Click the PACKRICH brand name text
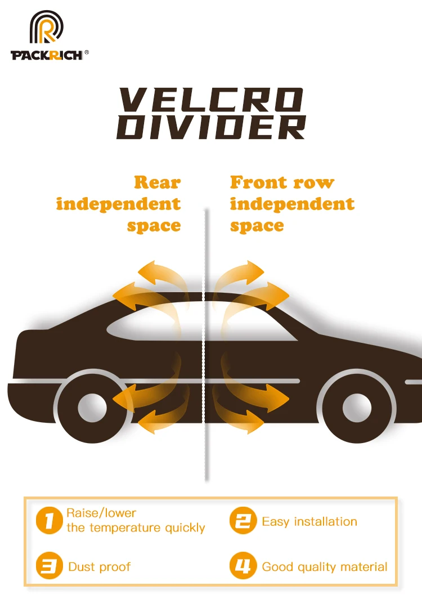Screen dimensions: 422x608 [x=47, y=55]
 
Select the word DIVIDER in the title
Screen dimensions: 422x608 [x=211, y=127]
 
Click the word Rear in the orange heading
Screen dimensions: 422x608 [x=157, y=182]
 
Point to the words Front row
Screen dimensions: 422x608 [x=282, y=182]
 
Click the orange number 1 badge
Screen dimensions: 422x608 [x=50, y=521]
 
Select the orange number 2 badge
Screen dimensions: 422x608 [x=243, y=521]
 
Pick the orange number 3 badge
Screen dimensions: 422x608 [x=50, y=566]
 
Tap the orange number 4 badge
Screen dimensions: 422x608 [x=243, y=566]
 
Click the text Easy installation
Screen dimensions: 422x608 [x=309, y=521]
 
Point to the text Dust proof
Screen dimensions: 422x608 [x=100, y=566]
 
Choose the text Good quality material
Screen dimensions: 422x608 [x=325, y=566]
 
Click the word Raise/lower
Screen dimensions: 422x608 [x=101, y=513]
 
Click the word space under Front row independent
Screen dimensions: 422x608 [x=257, y=226]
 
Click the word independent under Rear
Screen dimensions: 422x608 [x=118, y=204]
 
